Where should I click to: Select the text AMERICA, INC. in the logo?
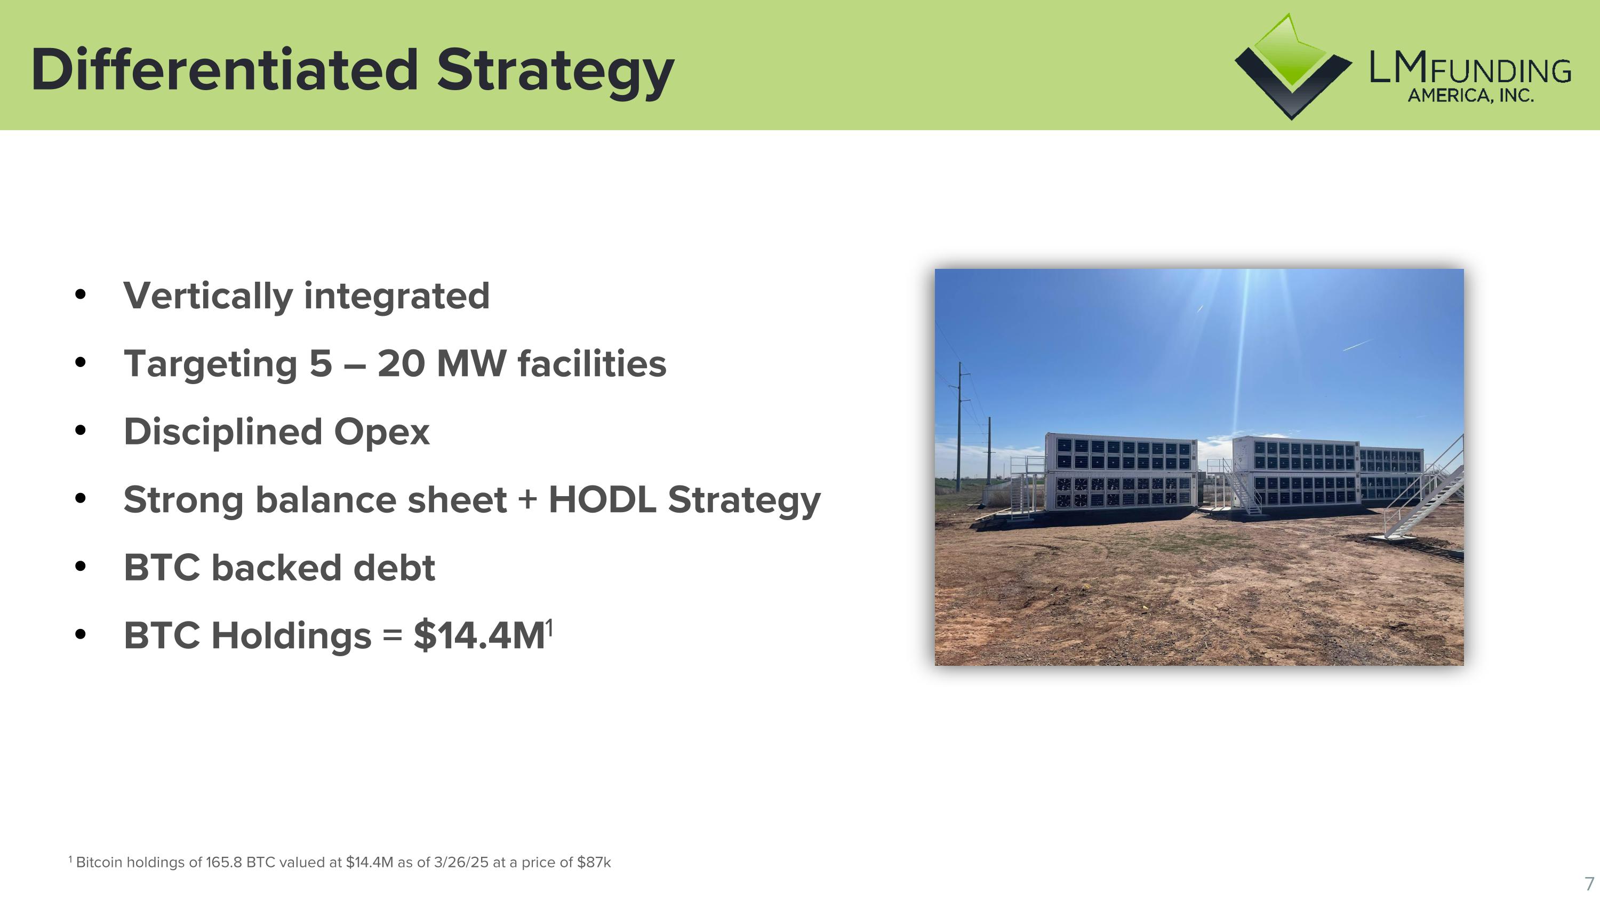point(1470,95)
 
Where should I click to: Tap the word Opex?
point(381,432)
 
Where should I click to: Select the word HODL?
point(601,499)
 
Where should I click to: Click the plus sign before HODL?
point(527,499)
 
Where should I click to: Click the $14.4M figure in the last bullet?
point(479,635)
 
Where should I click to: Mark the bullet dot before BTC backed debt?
point(80,567)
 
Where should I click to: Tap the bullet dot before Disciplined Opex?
point(80,430)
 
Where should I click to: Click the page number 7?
point(1588,883)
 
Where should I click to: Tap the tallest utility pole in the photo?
point(959,428)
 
